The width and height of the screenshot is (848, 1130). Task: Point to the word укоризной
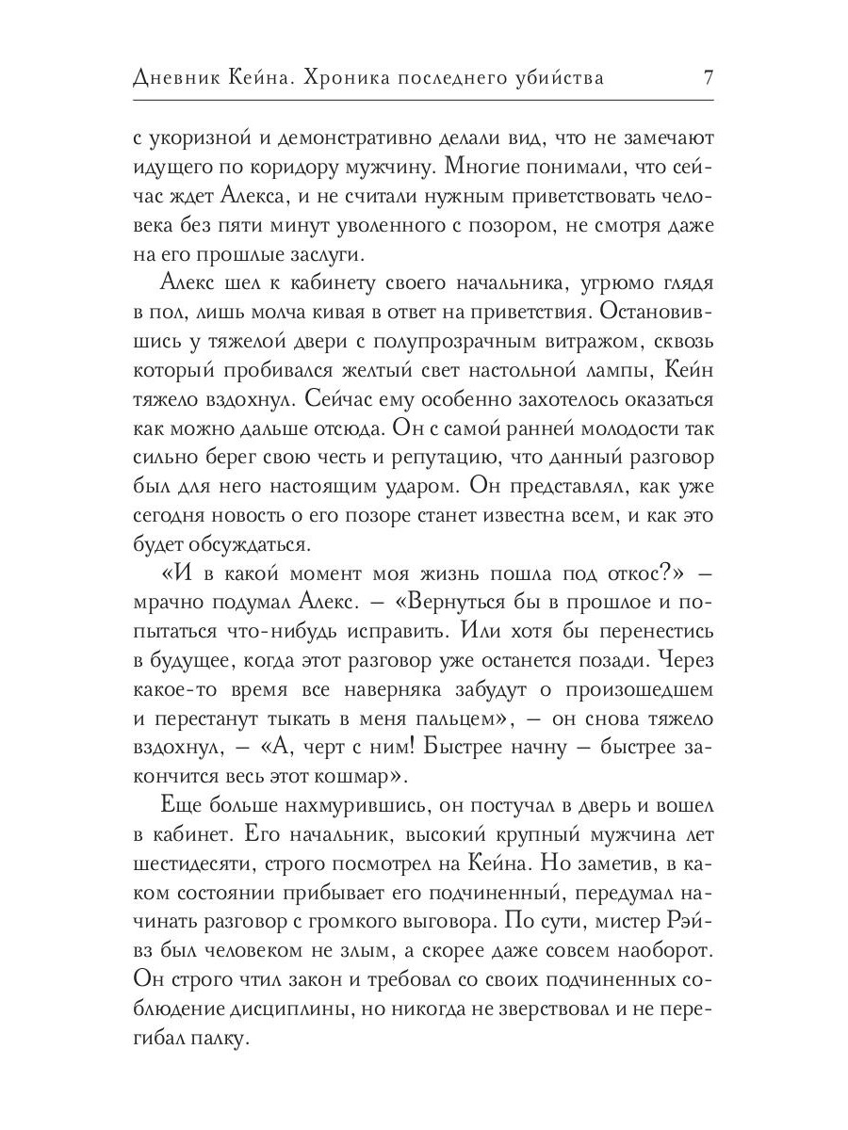[199, 138]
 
